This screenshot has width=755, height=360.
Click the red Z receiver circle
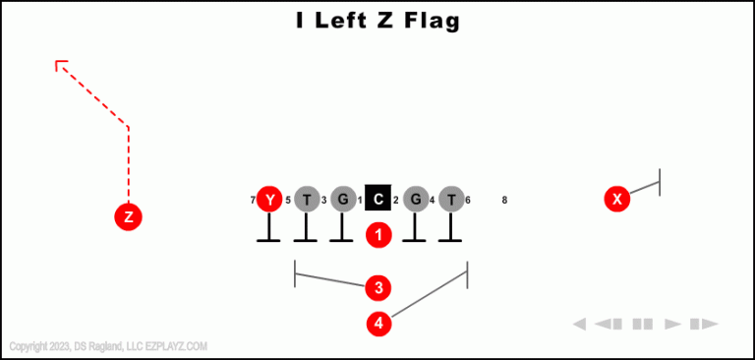pos(128,217)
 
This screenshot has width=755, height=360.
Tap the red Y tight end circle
pos(269,200)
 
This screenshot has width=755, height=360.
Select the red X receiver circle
pos(617,200)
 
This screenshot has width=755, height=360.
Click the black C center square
pos(378,200)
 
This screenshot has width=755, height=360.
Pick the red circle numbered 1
pos(379,235)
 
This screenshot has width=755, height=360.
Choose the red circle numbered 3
pos(378,287)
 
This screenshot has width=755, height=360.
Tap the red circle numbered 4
pos(379,323)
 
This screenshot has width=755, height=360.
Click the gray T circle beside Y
pos(307,200)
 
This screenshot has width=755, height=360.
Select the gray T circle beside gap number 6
pos(450,200)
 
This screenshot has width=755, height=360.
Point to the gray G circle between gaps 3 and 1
pos(342,200)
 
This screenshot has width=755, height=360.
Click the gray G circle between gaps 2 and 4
pos(416,200)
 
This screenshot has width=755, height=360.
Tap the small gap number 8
pos(504,201)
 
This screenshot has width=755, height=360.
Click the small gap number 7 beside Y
pos(253,201)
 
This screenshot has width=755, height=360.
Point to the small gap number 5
pos(288,201)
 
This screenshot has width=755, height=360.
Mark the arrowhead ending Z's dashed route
pos(60,65)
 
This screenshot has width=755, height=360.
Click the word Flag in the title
pos(430,21)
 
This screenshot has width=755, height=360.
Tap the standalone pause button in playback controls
pos(643,324)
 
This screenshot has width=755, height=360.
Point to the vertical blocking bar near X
pos(660,182)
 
